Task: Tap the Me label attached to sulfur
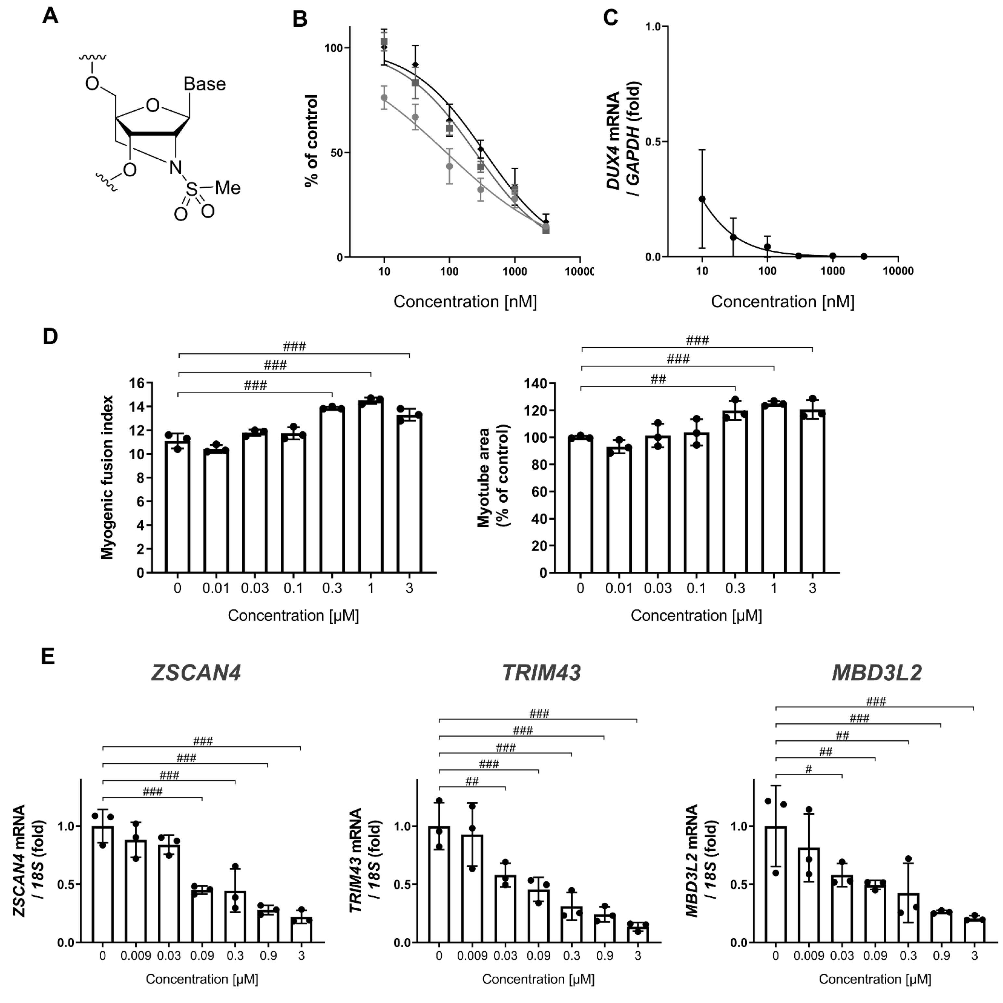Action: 228,188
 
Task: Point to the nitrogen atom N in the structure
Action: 176,167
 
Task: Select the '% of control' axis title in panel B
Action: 311,140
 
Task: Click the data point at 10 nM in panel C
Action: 702,199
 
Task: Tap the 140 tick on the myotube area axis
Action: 536,384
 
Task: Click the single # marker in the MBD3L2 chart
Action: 808,769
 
